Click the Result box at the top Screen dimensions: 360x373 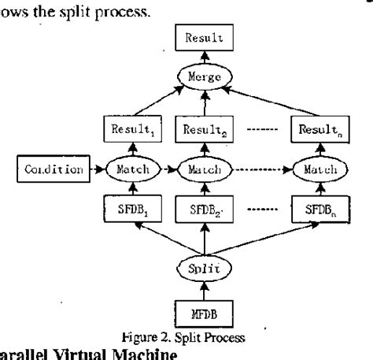point(204,37)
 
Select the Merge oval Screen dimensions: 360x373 point(204,76)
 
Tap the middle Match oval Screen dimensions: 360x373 point(204,169)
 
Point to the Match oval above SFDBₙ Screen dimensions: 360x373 point(315,169)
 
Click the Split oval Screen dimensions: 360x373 point(204,268)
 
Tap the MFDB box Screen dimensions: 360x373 point(204,316)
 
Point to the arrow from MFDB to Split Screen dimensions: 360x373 point(204,291)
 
